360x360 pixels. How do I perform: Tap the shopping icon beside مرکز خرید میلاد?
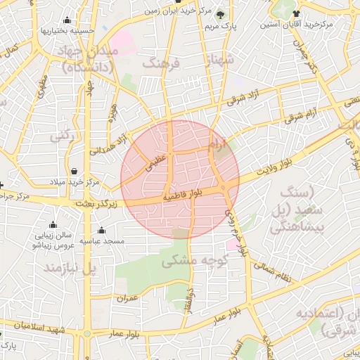coord(75,171)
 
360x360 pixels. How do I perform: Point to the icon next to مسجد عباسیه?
coord(102,231)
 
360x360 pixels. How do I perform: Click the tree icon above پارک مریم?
coord(220,15)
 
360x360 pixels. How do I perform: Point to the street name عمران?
coord(129,298)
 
